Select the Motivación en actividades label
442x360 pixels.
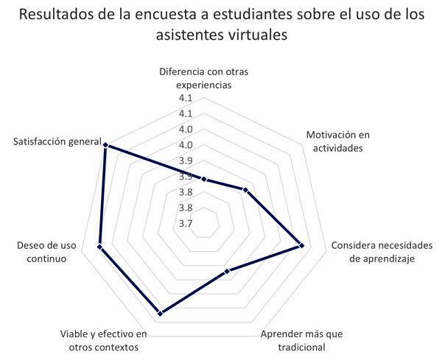(x=334, y=141)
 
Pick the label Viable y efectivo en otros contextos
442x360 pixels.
(x=103, y=341)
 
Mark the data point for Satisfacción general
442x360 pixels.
(x=106, y=145)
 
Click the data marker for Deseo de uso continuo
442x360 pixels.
(x=100, y=247)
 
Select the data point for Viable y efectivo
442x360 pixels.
(x=160, y=314)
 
